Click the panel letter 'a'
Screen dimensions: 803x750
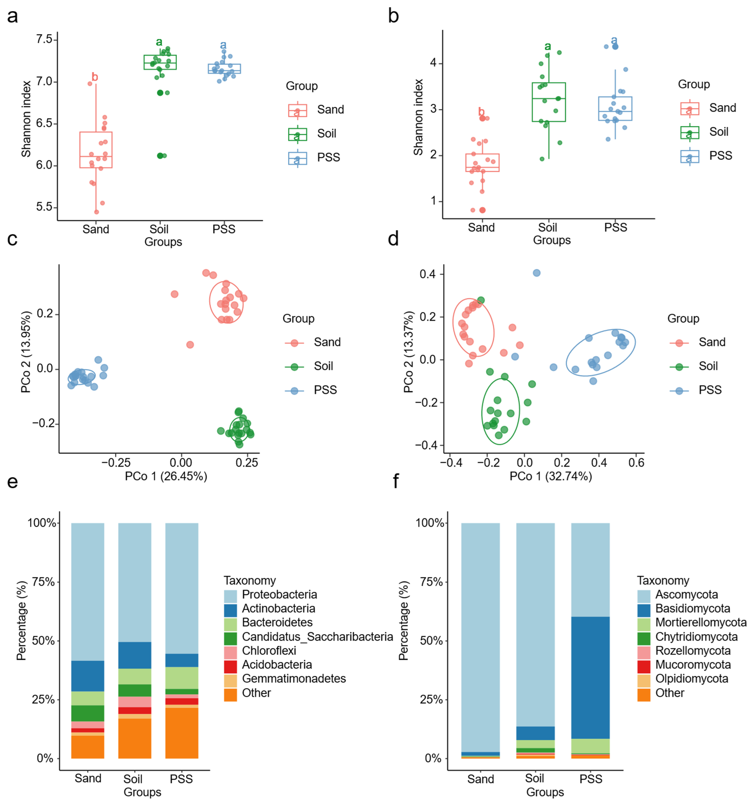pos(13,17)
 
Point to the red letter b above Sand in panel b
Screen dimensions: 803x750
pos(481,111)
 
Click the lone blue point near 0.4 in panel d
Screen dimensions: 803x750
pos(536,273)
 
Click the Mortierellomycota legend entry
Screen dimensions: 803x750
pos(701,622)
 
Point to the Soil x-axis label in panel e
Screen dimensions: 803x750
pos(133,779)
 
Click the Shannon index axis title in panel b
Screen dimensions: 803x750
pos(418,117)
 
